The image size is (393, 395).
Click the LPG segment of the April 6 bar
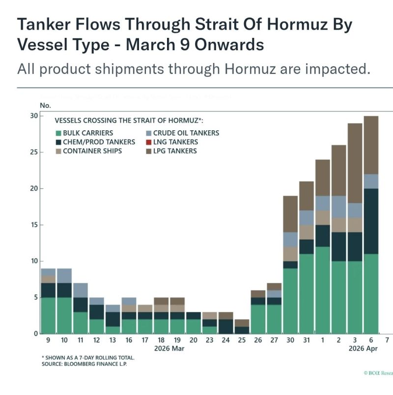pyautogui.click(x=371, y=145)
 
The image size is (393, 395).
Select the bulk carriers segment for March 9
pyautogui.click(x=48, y=315)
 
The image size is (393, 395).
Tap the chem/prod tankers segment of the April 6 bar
pyautogui.click(x=371, y=221)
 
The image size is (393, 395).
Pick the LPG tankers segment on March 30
pyautogui.click(x=290, y=214)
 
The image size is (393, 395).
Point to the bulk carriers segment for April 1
pyautogui.click(x=322, y=290)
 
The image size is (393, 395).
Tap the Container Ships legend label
pyautogui.click(x=92, y=151)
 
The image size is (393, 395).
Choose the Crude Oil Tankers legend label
pyautogui.click(x=186, y=133)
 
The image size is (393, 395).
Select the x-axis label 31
pyautogui.click(x=306, y=340)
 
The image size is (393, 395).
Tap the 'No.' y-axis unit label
pyautogui.click(x=46, y=105)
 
